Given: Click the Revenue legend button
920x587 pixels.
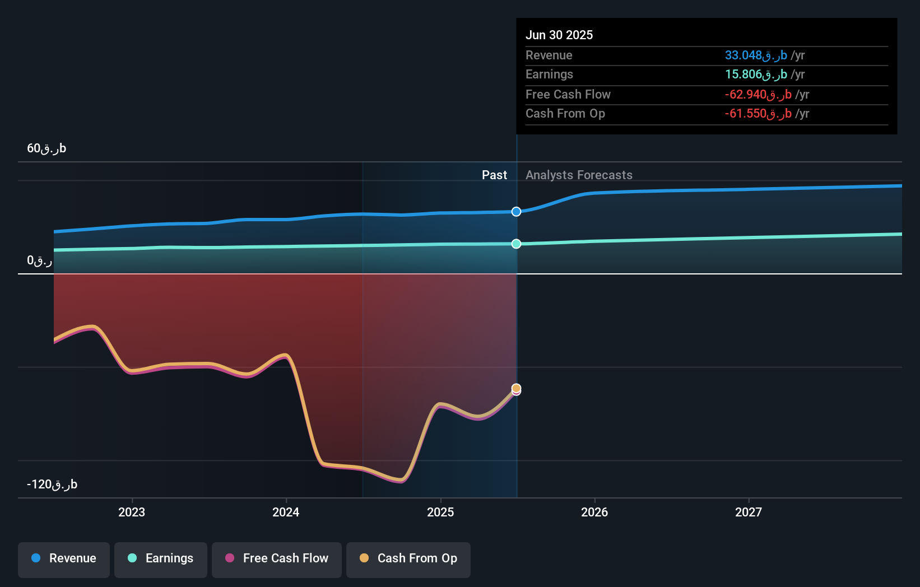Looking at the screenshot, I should click(x=64, y=559).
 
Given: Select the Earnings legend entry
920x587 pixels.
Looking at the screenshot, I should click(x=161, y=559).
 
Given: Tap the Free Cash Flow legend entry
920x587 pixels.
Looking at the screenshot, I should click(x=277, y=559).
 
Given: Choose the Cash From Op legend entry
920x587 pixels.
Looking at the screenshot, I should click(x=408, y=559).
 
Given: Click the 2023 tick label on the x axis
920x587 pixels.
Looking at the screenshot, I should click(x=132, y=512).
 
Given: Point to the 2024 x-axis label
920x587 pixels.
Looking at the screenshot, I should click(x=286, y=512).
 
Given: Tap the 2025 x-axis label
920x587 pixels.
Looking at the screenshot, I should click(x=440, y=512).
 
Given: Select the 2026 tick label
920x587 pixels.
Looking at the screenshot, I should click(x=594, y=512).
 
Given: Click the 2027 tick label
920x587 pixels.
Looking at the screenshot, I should click(x=749, y=512).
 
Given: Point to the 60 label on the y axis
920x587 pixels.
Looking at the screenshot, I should click(x=47, y=148).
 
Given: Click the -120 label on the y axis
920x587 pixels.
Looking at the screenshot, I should click(x=52, y=484).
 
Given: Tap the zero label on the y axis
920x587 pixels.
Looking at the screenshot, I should click(x=39, y=260).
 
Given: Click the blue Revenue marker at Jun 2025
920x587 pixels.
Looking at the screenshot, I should click(x=516, y=212).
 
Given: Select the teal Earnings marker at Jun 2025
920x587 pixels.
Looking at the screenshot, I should click(x=516, y=244).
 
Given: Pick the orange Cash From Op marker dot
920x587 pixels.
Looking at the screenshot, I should click(x=516, y=388).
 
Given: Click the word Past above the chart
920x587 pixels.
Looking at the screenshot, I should click(x=494, y=175).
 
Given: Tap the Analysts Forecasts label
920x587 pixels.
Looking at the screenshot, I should click(x=579, y=175).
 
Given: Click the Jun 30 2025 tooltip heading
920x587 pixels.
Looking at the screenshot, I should click(x=559, y=35).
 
